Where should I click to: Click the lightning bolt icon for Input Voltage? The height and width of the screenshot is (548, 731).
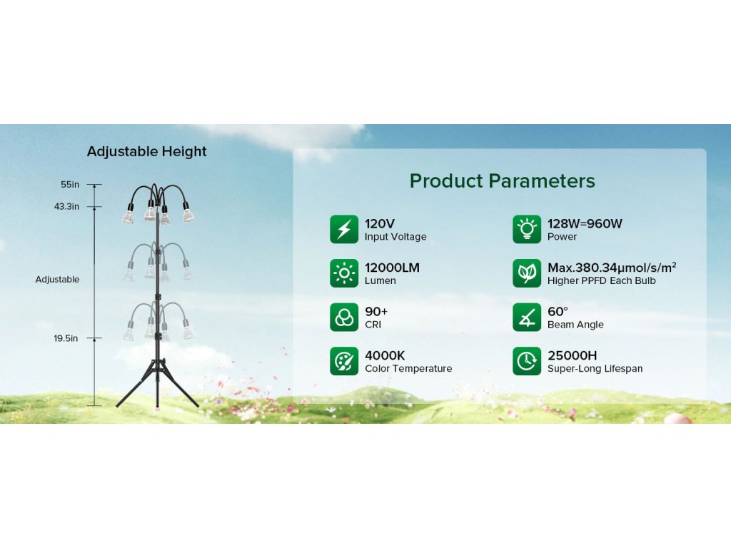tap(344, 229)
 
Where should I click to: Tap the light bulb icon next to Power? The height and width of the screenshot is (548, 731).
tap(527, 229)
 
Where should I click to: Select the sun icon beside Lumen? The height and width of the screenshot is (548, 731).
tap(344, 273)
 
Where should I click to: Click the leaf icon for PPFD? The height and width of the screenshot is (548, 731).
tap(527, 273)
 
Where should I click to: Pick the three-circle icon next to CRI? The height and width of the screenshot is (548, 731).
tap(344, 318)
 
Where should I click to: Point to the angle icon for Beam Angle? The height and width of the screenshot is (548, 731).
tap(527, 318)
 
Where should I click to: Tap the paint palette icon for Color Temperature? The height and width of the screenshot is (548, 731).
tap(344, 361)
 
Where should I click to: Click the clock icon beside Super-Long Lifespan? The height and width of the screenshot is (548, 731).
tap(527, 361)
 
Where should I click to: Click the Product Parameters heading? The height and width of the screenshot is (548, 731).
tap(502, 181)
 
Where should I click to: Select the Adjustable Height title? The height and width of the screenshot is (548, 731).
tap(147, 151)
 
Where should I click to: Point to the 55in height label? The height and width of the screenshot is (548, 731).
tap(70, 185)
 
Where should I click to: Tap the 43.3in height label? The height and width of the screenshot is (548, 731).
tap(66, 206)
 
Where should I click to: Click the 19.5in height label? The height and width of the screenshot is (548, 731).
tap(66, 338)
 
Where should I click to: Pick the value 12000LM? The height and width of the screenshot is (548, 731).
tap(392, 268)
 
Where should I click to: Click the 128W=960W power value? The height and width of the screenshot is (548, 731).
tap(585, 223)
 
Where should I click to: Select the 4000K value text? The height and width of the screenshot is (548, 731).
tap(385, 355)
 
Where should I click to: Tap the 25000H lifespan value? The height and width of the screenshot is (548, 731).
tap(572, 355)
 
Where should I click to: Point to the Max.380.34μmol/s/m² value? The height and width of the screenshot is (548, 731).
tap(612, 268)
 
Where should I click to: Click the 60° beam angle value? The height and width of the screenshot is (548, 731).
tap(558, 311)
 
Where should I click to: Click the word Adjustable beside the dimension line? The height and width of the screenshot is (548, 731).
tap(57, 280)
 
